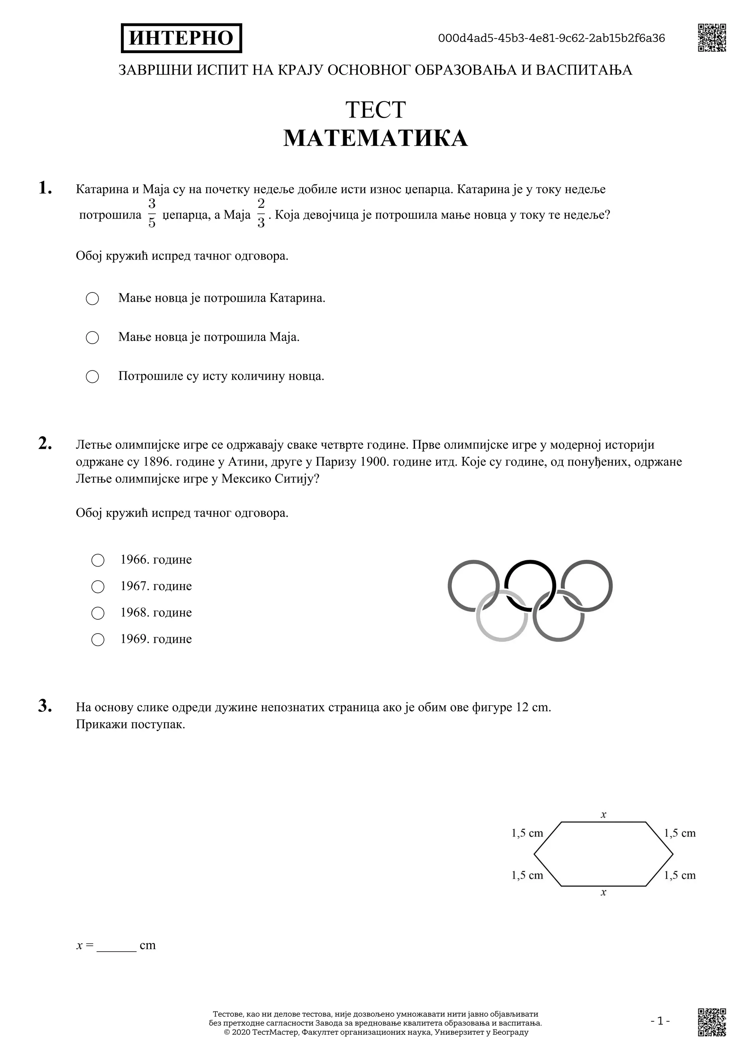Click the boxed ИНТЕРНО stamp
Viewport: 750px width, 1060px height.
182,38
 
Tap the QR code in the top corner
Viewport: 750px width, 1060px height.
712,37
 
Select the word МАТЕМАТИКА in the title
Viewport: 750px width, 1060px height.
375,138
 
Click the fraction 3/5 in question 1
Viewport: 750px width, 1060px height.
152,213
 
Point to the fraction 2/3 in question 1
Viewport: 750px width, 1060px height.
261,213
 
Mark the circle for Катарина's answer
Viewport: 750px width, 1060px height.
92,299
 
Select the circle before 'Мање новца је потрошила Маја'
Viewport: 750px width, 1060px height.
92,337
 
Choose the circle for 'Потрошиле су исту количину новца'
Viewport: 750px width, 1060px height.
92,377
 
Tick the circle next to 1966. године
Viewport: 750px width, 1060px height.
98,560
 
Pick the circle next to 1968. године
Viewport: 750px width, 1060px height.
98,613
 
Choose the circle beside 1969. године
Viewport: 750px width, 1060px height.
98,639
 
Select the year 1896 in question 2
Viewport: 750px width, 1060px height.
154,462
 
